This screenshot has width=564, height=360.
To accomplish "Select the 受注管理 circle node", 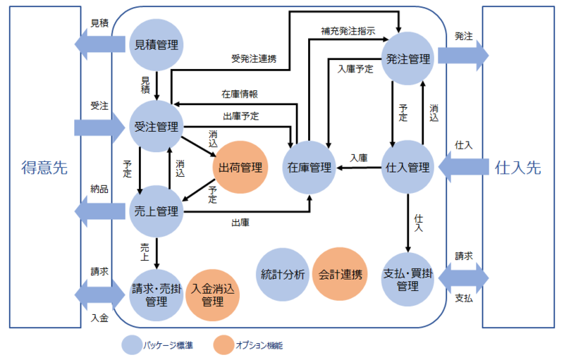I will coord(156,128).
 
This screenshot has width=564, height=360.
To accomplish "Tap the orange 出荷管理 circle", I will coord(240,168).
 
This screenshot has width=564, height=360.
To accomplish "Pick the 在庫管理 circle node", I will coord(309,168).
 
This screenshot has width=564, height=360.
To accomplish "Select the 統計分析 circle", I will coord(282,275).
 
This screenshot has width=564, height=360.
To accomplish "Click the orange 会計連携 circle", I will coord(339,275).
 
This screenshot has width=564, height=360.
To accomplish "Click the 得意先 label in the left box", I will coord(44,168).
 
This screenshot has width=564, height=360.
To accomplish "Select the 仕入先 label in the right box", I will coord(518,168).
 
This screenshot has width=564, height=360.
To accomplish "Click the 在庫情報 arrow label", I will coord(240,94).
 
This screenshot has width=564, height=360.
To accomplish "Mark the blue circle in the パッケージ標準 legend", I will coord(131,345).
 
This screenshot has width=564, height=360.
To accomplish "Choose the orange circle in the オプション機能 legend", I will coord(224,345).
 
